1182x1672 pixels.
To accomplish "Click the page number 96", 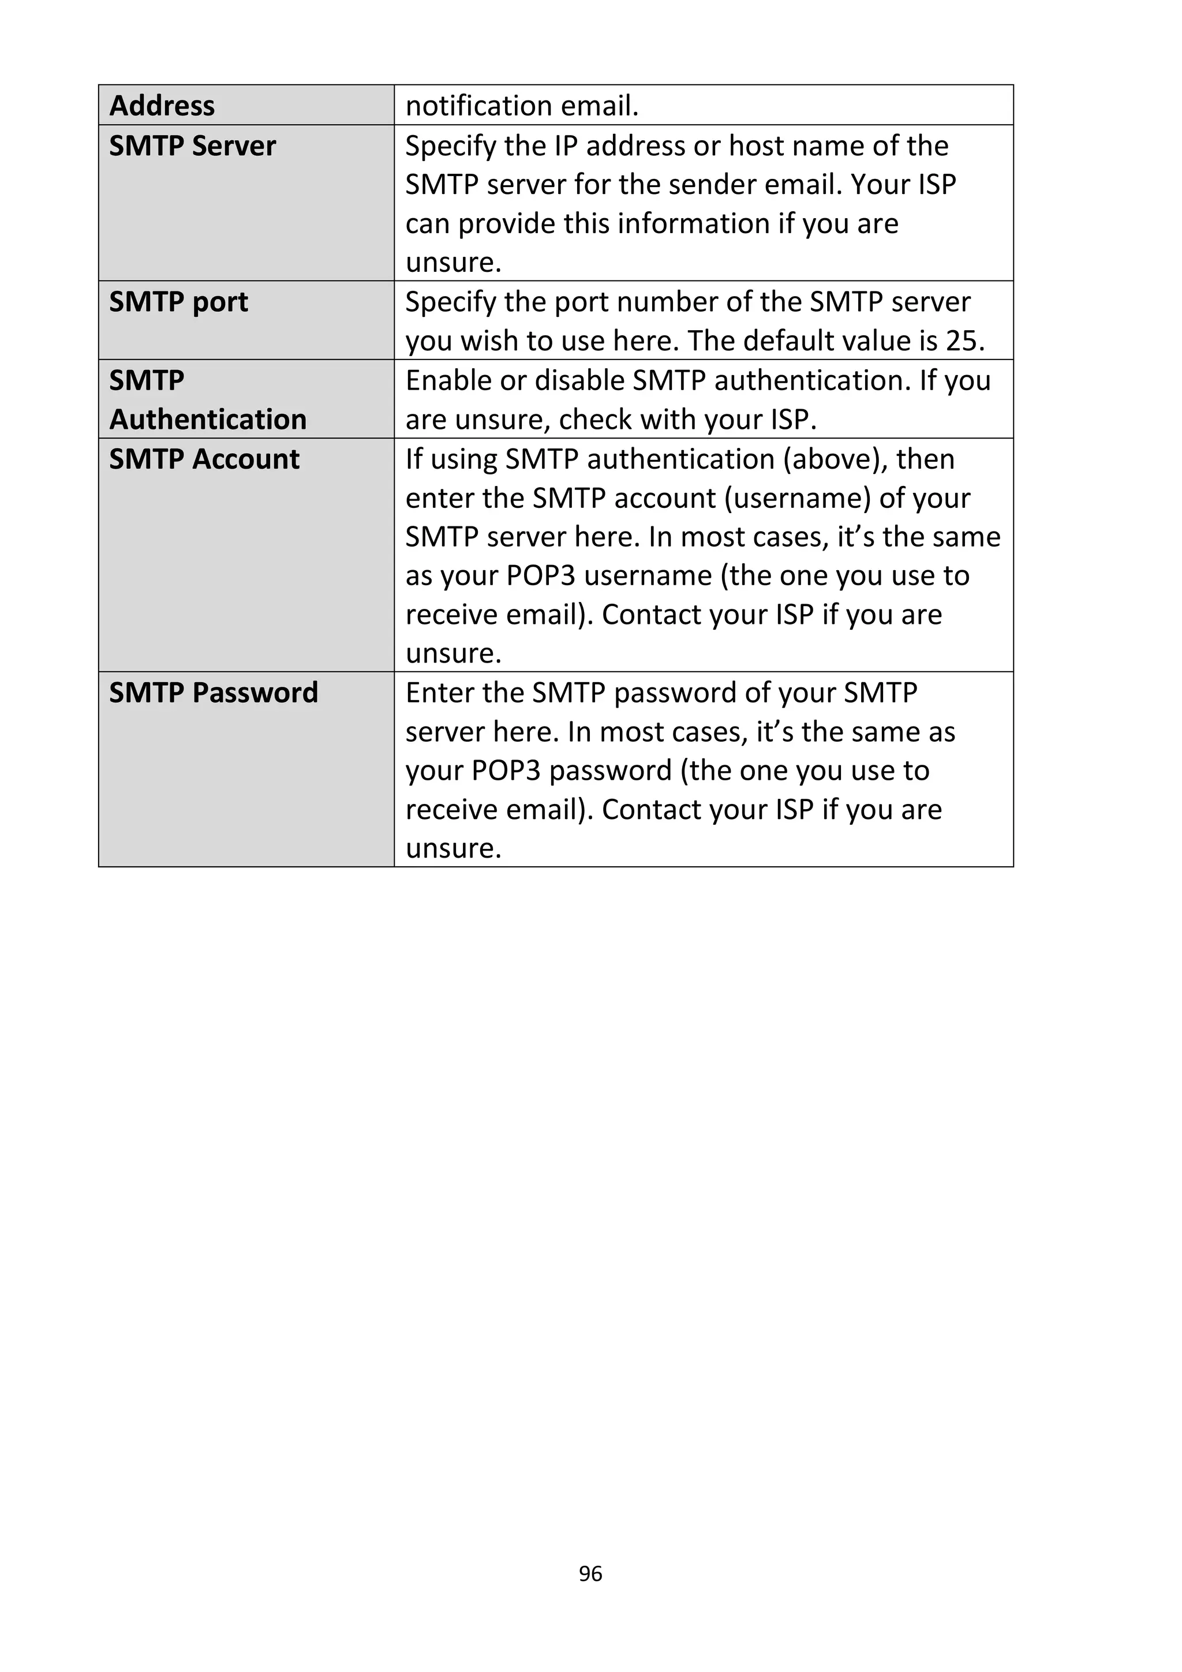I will tap(590, 1574).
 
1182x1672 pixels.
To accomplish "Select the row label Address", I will tap(162, 106).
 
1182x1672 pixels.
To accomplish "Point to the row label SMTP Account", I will tap(204, 459).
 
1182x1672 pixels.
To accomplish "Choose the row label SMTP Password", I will tap(214, 693).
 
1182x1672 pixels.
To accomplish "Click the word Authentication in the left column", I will tap(208, 420).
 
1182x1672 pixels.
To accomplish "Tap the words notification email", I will tap(521, 106).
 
